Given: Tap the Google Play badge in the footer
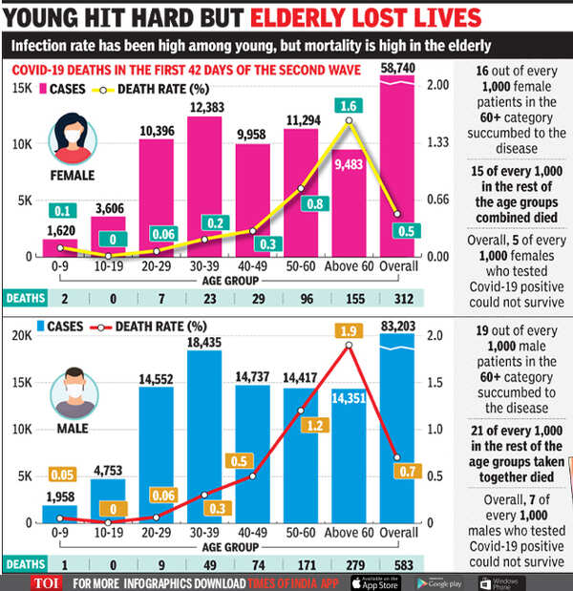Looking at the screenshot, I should click(442, 581).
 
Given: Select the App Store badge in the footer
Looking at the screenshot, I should click(377, 581).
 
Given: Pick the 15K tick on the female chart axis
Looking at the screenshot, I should click(22, 89).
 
